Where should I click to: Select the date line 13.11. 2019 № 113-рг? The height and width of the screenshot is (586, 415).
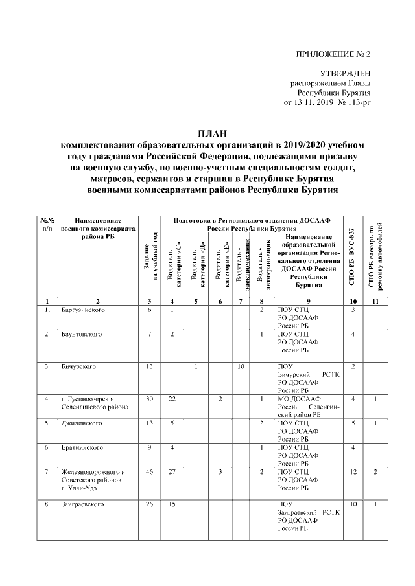pyautogui.click(x=327, y=104)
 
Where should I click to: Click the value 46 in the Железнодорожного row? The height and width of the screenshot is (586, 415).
pyautogui.click(x=148, y=472)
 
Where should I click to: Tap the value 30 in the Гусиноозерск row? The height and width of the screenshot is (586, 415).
pyautogui.click(x=148, y=399)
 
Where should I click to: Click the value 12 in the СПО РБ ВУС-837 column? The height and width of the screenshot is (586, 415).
pyautogui.click(x=353, y=472)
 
